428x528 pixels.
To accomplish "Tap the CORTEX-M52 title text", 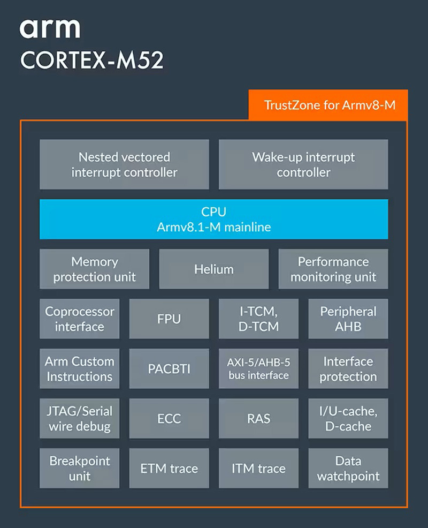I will (x=91, y=61).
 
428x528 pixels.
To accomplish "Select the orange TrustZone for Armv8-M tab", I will (x=328, y=105).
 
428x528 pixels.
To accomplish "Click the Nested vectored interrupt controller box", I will (x=124, y=164).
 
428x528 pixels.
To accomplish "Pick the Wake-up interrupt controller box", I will (x=303, y=164).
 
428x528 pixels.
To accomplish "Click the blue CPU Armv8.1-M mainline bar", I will (x=213, y=219).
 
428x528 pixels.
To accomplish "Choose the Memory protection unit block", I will (x=94, y=269).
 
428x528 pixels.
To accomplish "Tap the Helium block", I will (x=213, y=269).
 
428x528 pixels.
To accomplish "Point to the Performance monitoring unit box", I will (x=333, y=269).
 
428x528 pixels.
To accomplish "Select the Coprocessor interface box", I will (x=79, y=319).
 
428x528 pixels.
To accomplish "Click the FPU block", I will (x=169, y=319).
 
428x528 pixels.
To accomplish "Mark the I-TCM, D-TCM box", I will (x=258, y=319).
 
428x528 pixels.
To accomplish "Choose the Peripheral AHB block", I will (x=348, y=319).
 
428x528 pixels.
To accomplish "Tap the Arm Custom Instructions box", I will (x=79, y=368).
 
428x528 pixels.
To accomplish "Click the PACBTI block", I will (x=169, y=368).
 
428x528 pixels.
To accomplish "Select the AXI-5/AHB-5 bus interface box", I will (x=258, y=368).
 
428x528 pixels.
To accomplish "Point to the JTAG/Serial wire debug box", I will (x=79, y=418).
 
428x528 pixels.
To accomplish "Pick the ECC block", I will (x=169, y=418).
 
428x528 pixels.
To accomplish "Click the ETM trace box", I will (x=169, y=468).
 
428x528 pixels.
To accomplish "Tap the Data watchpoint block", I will (x=348, y=468).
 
